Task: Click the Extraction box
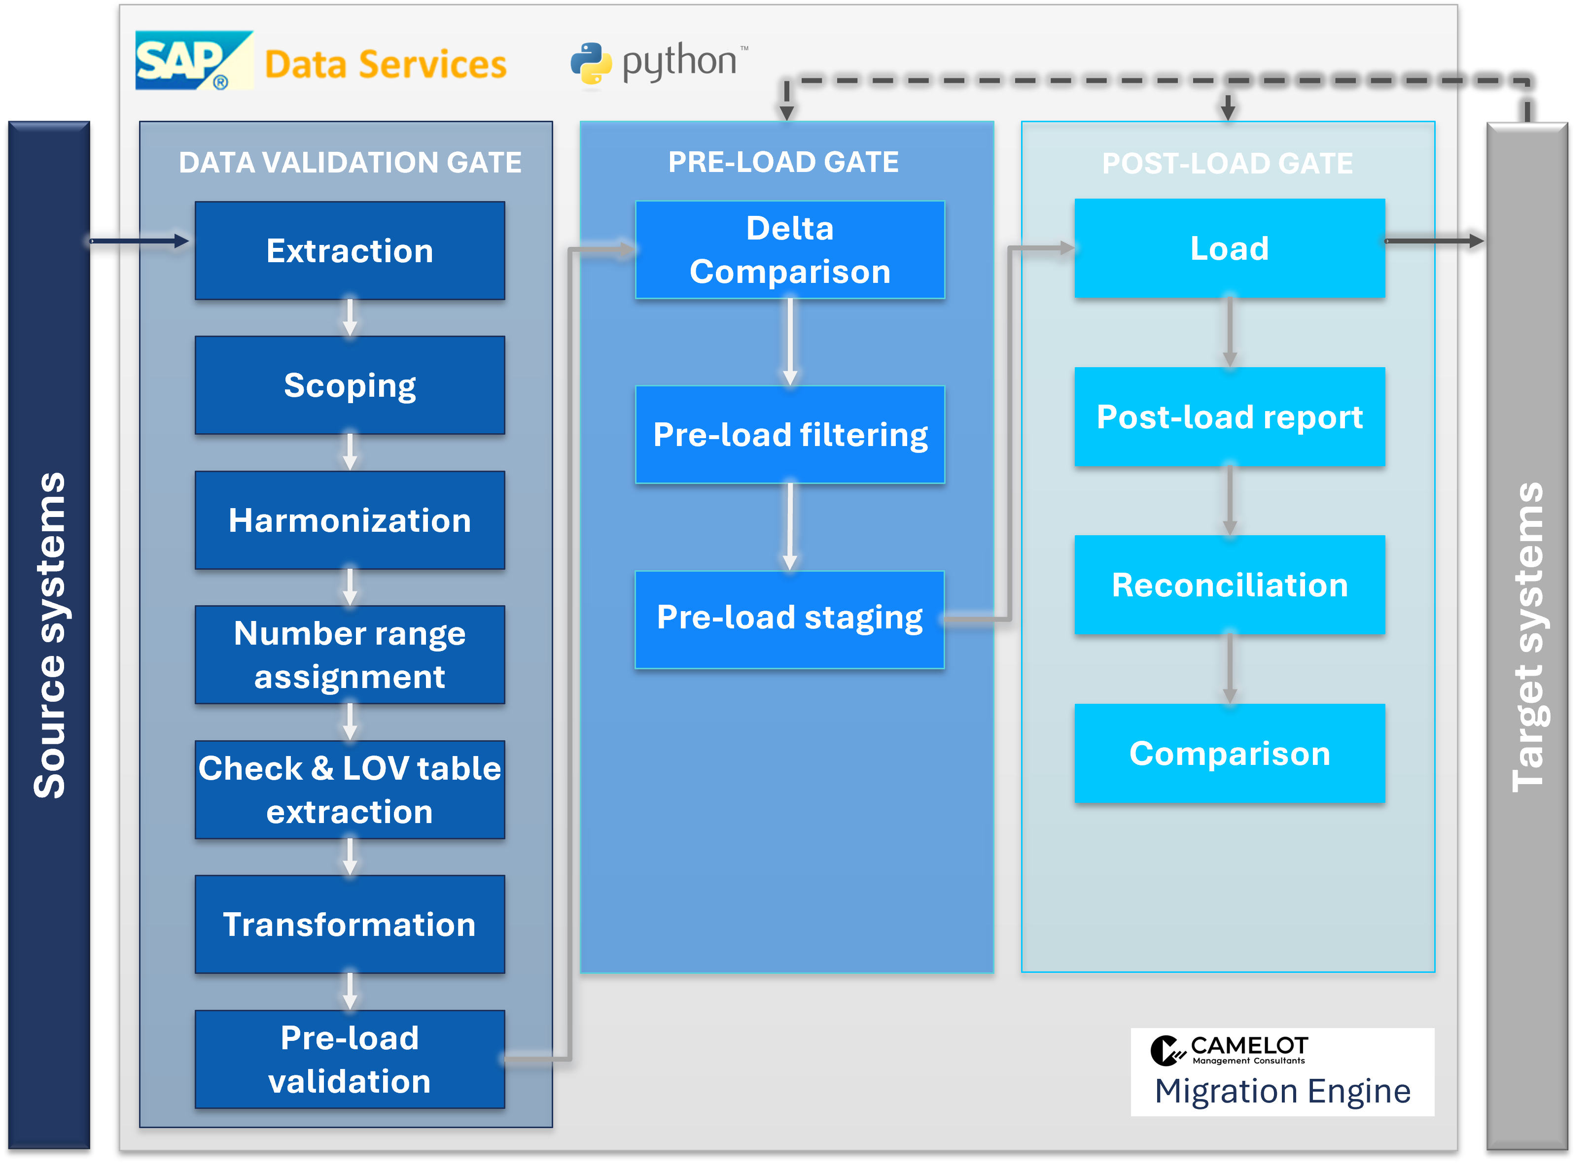(x=350, y=250)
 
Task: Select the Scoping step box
(x=350, y=385)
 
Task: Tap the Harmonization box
(x=350, y=519)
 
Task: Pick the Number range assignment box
(x=350, y=654)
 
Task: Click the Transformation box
(x=350, y=924)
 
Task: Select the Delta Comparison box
(x=790, y=249)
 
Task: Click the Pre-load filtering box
(x=790, y=435)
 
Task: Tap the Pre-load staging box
(x=790, y=620)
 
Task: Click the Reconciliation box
(x=1230, y=585)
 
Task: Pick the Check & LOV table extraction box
(x=350, y=789)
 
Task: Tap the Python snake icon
(x=591, y=63)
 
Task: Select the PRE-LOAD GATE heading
(x=783, y=162)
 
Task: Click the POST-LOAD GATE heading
(x=1228, y=164)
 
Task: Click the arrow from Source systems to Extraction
(x=140, y=241)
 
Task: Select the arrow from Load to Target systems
(x=1434, y=241)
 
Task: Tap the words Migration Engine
(x=1282, y=1091)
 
